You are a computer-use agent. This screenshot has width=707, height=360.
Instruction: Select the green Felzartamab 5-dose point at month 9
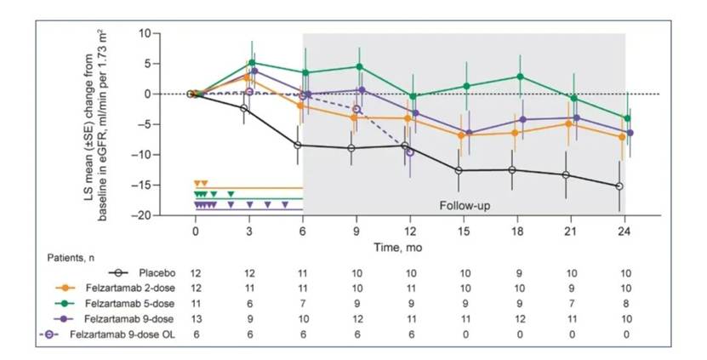358,66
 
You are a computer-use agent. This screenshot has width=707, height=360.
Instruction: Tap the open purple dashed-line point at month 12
411,151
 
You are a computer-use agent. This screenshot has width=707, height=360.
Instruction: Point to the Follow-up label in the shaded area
465,206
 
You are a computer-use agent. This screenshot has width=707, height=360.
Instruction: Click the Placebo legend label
156,272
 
